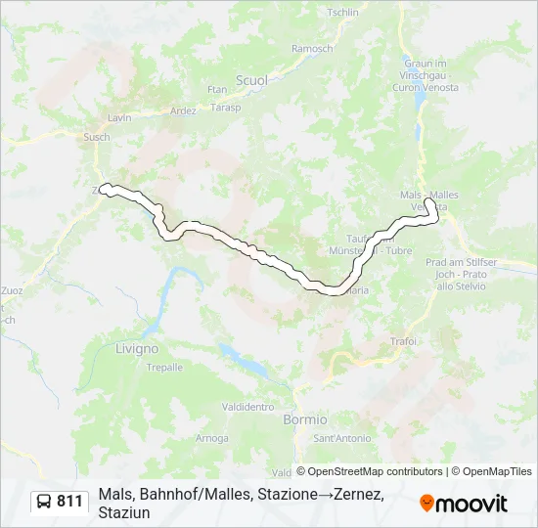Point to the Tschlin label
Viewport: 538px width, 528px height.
(342, 13)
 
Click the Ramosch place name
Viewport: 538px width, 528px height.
(312, 49)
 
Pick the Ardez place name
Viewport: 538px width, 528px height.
(183, 110)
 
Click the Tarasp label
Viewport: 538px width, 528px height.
(225, 108)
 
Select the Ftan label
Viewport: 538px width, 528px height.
(217, 90)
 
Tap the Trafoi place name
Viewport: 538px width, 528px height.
(403, 341)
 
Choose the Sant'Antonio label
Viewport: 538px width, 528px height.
(347, 437)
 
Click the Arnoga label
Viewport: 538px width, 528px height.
(211, 438)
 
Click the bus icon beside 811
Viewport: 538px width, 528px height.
(45, 502)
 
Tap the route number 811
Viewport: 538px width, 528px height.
(70, 502)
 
